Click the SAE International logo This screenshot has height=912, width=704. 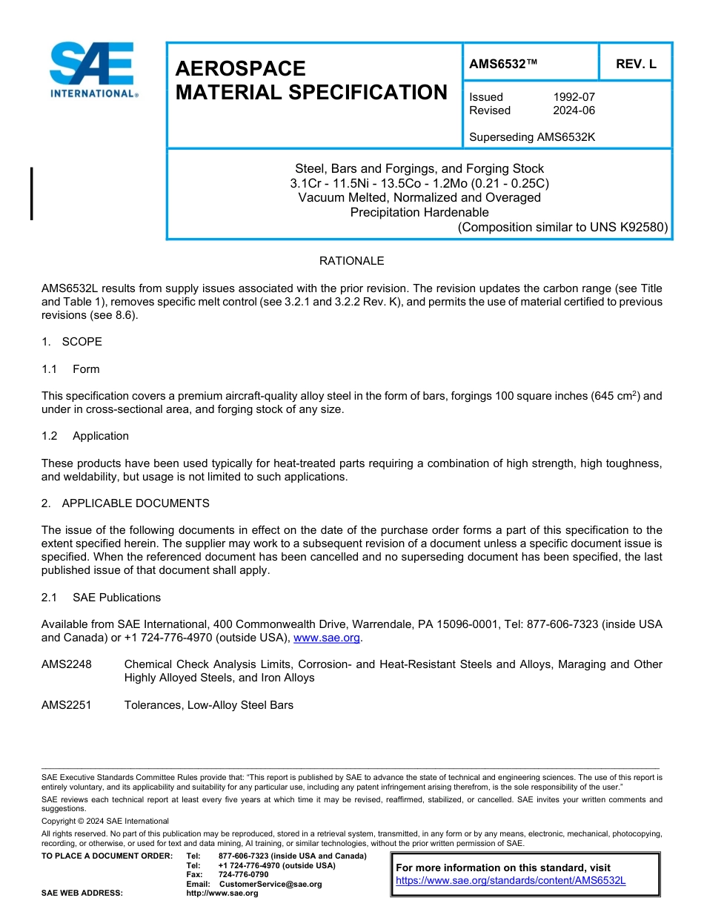click(93, 70)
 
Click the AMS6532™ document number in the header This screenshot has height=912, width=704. click(502, 65)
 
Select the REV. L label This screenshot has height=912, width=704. click(635, 65)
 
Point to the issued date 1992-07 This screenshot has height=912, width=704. click(574, 97)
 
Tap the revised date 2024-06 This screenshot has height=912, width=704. click(574, 110)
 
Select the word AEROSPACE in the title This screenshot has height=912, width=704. click(240, 69)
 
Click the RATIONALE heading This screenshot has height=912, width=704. click(351, 261)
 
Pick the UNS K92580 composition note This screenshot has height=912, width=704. click(562, 227)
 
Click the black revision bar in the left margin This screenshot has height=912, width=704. click(32, 194)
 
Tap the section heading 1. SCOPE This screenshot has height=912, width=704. click(72, 342)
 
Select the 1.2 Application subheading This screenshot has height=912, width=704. click(85, 436)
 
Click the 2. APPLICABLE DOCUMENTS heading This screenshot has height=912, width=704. click(125, 503)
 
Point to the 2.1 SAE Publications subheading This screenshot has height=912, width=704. click(101, 598)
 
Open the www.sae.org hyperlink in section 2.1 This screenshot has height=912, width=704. click(327, 638)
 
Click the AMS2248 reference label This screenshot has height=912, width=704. click(67, 664)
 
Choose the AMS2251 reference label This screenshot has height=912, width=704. click(67, 705)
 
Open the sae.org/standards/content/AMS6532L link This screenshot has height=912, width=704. click(511, 881)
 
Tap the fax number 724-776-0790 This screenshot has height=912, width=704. click(243, 875)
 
